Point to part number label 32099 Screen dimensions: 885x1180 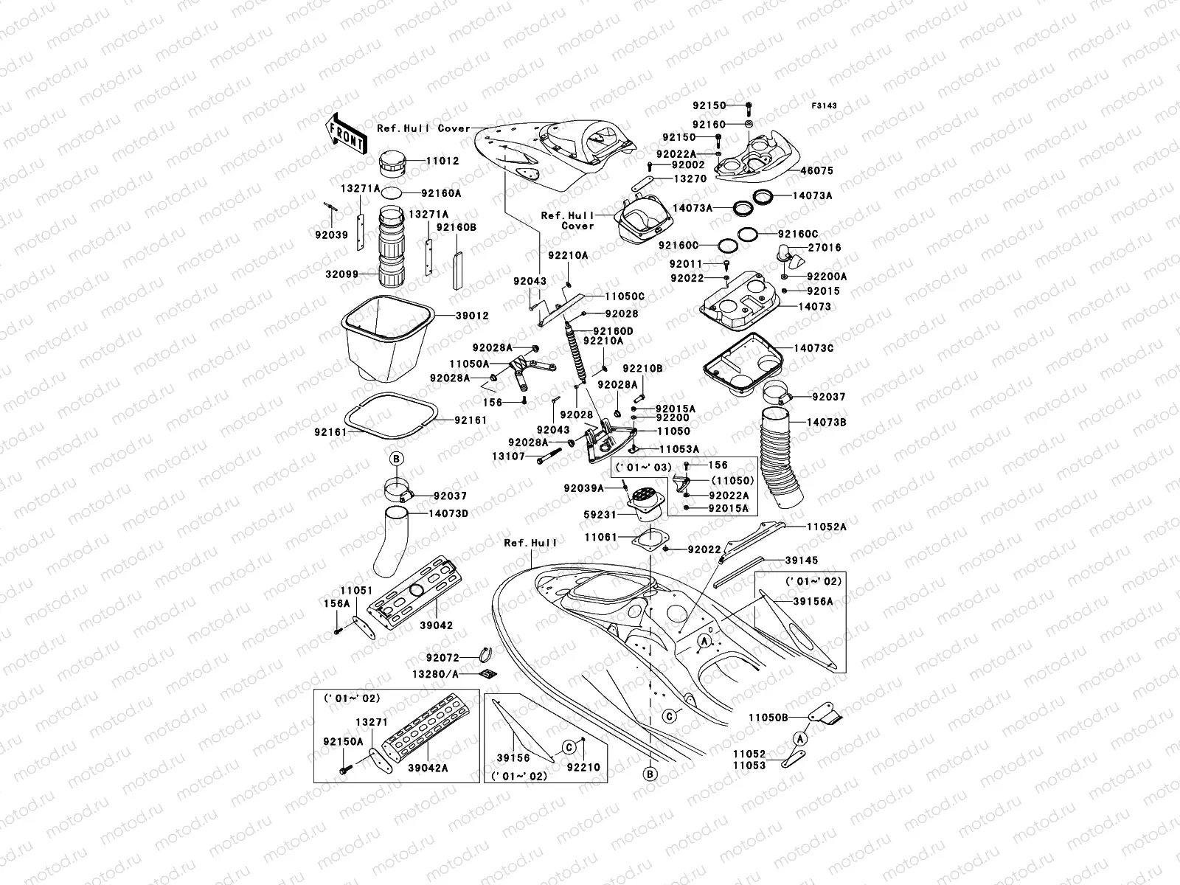tap(341, 274)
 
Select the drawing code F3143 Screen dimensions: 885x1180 tap(825, 106)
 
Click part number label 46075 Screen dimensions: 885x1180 tap(817, 170)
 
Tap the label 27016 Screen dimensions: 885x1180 tap(825, 248)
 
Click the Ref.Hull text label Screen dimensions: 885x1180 tap(530, 543)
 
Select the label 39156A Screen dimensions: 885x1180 tap(813, 601)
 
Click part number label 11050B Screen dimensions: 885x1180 tap(768, 717)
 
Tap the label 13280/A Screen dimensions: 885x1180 tap(435, 673)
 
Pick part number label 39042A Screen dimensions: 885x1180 tap(428, 768)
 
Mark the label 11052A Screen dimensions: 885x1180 tap(826, 527)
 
